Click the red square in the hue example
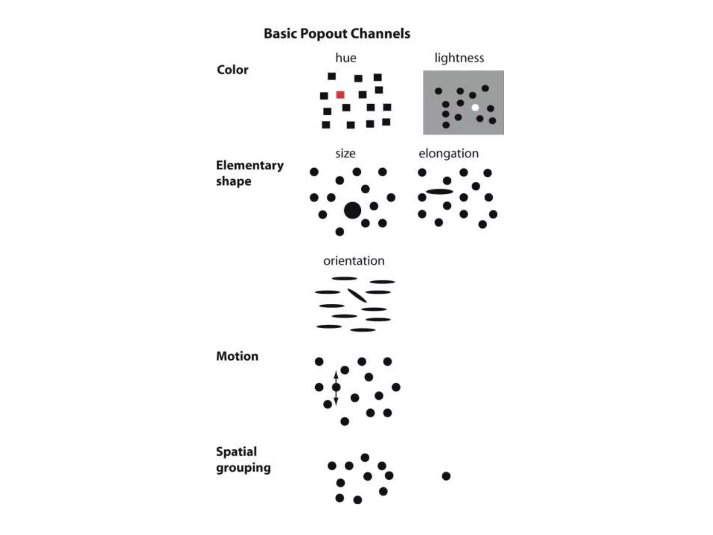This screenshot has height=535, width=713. point(340,95)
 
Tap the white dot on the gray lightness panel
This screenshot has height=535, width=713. point(475,108)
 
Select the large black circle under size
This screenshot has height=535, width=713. point(352,210)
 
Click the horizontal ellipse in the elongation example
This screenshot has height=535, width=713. point(440,192)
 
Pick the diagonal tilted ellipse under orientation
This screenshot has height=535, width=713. point(357,295)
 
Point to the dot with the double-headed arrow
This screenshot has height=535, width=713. point(336,387)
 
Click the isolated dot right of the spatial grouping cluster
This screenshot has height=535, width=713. point(446,476)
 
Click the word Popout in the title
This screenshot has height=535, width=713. point(323,34)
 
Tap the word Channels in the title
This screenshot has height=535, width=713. point(380,34)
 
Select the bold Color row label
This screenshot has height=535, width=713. point(233,70)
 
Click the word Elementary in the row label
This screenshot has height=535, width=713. point(250,165)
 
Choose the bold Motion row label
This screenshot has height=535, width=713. point(237,356)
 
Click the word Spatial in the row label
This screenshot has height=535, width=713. point(236,451)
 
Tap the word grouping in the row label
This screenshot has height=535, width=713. point(243,468)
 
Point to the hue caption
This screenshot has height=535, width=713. point(346,58)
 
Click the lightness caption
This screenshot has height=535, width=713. point(459,58)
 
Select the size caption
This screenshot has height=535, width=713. point(345,153)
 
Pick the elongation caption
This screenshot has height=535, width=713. point(448,153)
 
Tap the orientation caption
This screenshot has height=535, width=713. point(354,261)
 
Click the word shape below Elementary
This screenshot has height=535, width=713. point(234,181)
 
